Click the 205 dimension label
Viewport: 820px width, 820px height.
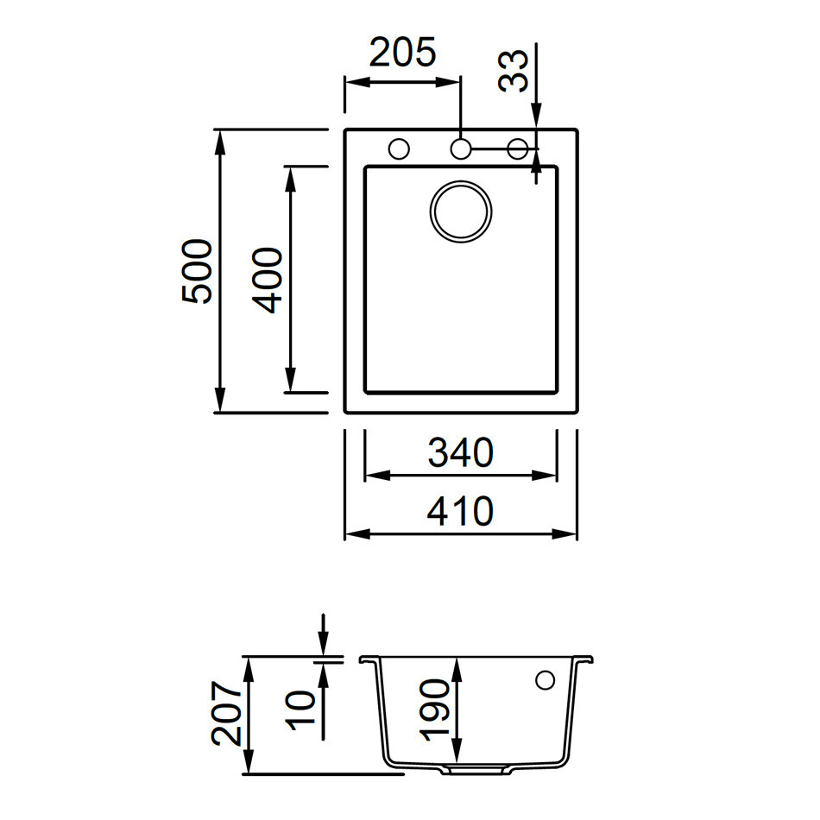pos(403,54)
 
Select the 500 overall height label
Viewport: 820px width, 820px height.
pos(197,271)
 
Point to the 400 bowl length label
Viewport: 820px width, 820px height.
pos(268,280)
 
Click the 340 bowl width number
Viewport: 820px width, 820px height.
pos(460,453)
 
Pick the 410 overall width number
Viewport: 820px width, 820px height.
pos(460,512)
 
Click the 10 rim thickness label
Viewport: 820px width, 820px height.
pos(303,710)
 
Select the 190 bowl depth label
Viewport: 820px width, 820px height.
pos(435,710)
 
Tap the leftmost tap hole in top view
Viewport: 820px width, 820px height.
pos(399,148)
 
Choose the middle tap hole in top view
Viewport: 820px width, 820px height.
pos(461,148)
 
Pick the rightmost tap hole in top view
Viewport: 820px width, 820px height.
pos(518,148)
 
